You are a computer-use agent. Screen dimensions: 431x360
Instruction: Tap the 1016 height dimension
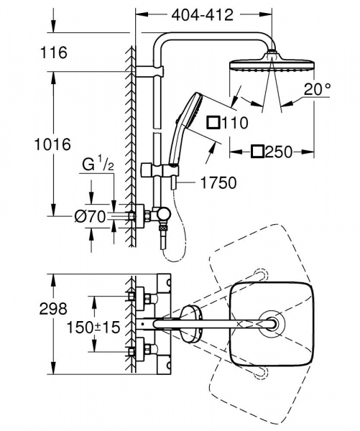pyautogui.click(x=53, y=143)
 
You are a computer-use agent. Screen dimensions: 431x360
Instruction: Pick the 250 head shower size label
pyautogui.click(x=274, y=152)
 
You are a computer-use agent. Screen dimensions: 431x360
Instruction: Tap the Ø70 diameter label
pyautogui.click(x=91, y=214)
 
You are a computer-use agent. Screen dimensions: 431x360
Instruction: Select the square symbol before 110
pyautogui.click(x=214, y=123)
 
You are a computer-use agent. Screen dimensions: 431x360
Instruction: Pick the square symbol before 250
pyautogui.click(x=257, y=152)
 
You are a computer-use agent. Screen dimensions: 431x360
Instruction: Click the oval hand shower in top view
pyautogui.click(x=192, y=324)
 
